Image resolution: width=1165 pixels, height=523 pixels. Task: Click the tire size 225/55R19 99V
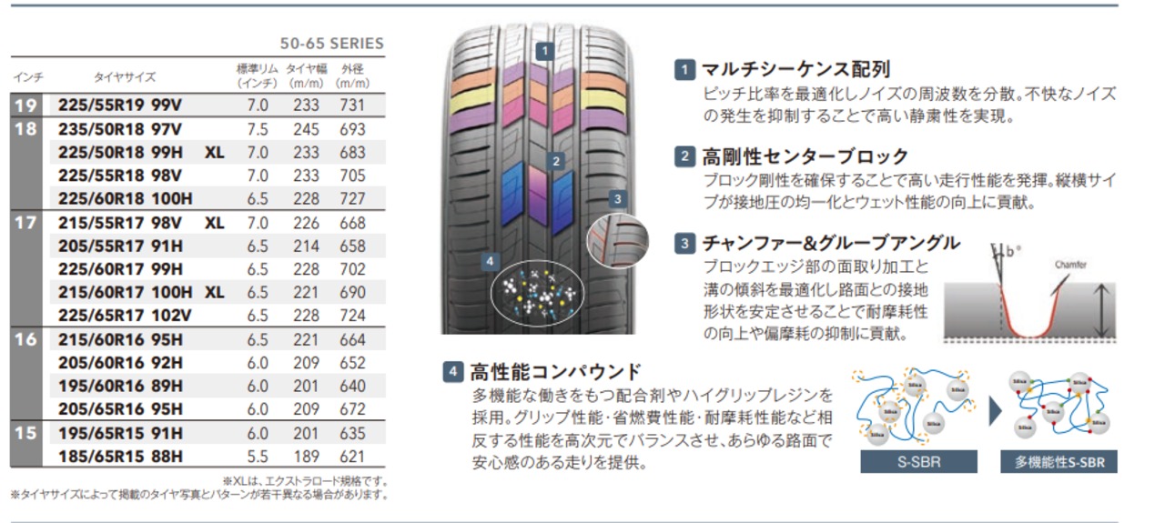119,106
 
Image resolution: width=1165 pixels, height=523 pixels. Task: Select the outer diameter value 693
351,129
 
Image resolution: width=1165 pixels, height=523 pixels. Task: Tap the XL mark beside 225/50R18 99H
214,153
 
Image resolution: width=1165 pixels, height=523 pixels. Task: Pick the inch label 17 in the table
25,222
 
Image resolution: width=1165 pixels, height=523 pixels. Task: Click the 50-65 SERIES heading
331,44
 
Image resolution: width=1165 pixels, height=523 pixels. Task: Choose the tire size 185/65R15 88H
120,456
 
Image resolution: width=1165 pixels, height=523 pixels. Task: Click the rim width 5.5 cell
258,456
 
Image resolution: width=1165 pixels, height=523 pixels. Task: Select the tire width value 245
306,129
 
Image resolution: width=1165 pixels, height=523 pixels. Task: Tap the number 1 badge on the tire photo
544,51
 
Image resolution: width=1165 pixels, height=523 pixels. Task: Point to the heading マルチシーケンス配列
795,69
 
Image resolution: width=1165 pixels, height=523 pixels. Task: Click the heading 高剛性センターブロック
805,156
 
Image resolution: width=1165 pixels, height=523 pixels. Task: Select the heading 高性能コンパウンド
555,371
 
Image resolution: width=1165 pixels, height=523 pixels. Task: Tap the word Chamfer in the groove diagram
1070,265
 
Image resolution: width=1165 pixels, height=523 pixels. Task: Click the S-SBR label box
918,462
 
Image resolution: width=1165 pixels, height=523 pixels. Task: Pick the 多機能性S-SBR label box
1059,462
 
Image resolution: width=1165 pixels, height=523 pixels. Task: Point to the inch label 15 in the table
25,433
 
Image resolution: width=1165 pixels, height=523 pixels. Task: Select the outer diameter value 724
351,316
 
